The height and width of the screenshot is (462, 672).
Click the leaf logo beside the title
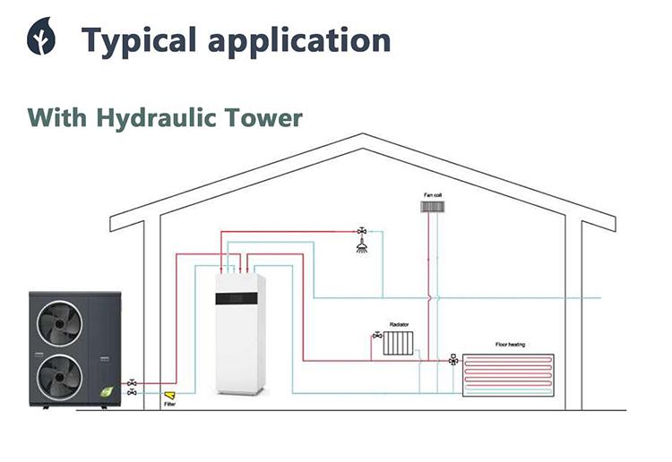40,38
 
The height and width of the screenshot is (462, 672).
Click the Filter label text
170,405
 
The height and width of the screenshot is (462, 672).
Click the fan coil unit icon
433,208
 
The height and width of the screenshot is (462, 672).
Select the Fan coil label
433,194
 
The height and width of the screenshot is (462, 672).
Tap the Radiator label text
399,323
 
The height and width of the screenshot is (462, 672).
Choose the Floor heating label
513,345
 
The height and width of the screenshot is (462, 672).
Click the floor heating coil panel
509,374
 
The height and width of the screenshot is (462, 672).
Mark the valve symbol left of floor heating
453,359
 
